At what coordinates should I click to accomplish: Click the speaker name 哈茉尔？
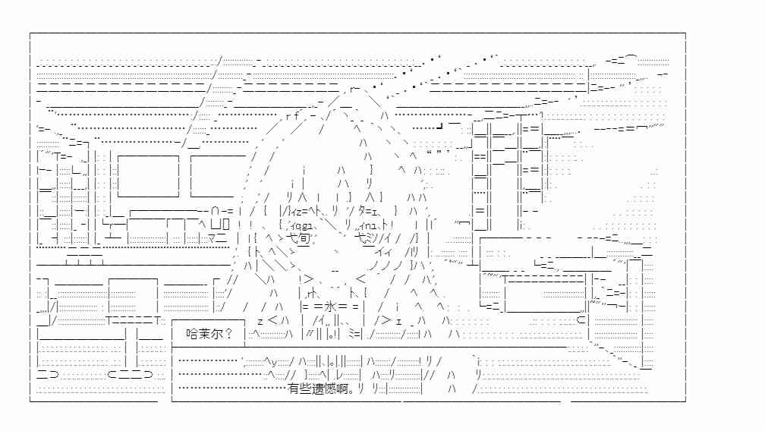tap(209, 334)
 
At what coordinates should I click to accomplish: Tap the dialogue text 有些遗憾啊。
tap(321, 389)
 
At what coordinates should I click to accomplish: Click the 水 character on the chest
tap(331, 307)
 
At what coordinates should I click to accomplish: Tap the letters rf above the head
tap(293, 115)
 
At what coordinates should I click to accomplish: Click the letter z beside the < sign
tap(260, 322)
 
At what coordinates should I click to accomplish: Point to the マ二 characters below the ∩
tap(217, 238)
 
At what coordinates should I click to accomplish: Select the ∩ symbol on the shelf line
tap(216, 211)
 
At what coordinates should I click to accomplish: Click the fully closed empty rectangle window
tap(148, 176)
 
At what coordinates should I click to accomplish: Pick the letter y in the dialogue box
tap(274, 362)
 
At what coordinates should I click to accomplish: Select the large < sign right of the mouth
tap(360, 279)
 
